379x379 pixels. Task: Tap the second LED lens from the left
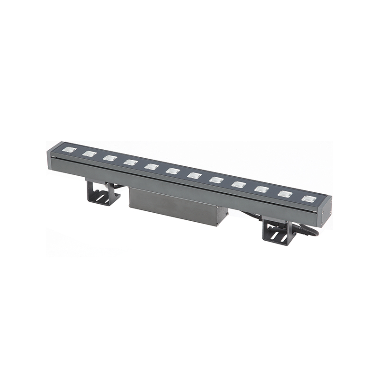[x=89, y=154]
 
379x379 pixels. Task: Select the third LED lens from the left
[x=109, y=158]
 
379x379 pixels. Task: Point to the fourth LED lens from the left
[x=130, y=162]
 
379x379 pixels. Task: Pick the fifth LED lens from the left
[x=152, y=167]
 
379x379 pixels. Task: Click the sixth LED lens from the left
[x=172, y=171]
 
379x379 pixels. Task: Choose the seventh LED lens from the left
[x=194, y=175]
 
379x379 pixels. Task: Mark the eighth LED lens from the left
[x=217, y=180]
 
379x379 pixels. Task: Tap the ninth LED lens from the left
[x=239, y=184]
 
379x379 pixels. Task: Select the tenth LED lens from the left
[x=261, y=189]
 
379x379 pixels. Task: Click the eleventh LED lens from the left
[x=284, y=194]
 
